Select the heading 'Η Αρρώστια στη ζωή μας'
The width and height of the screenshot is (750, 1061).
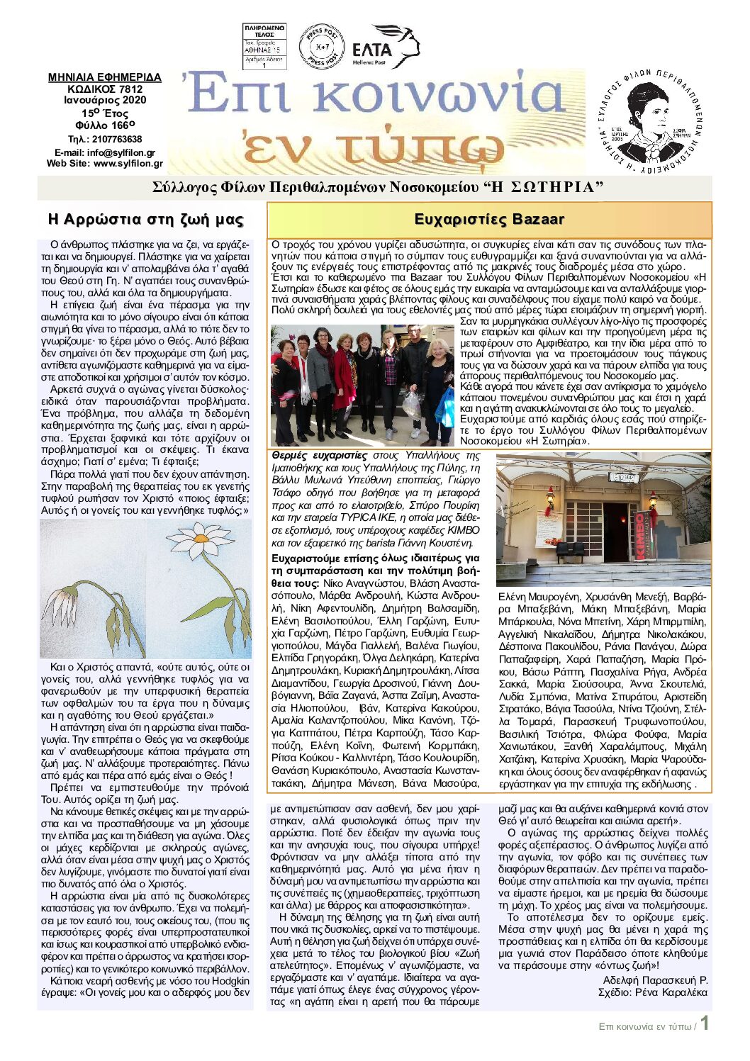tap(145, 219)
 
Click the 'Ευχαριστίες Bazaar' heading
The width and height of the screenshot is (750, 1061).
tap(489, 219)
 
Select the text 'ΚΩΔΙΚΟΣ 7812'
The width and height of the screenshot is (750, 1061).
tap(105, 89)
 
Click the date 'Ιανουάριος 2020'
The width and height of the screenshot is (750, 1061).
tap(105, 100)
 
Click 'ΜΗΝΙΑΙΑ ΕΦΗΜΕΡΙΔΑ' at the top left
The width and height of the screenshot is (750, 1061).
tap(105, 77)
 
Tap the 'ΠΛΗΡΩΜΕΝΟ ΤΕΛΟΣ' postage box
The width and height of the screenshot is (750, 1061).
tap(264, 47)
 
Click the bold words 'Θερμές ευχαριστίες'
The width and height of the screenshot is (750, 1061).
tap(319, 456)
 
